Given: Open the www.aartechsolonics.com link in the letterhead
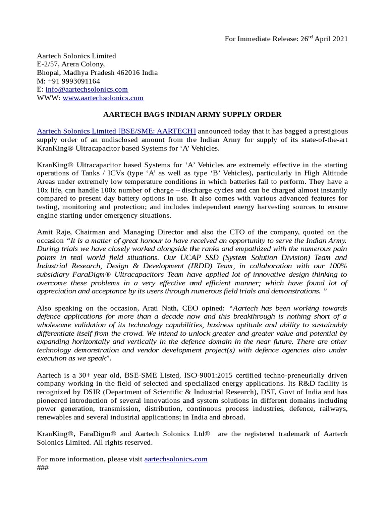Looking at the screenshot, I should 103,98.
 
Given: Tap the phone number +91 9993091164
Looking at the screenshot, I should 74,81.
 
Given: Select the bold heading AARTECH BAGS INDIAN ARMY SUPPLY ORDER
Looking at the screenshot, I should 192,114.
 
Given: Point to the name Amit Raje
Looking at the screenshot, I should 54,232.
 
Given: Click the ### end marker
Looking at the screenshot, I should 43,467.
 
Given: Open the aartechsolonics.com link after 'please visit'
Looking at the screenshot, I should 175,459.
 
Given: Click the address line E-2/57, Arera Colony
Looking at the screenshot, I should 71,64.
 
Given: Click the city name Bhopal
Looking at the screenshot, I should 50,72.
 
